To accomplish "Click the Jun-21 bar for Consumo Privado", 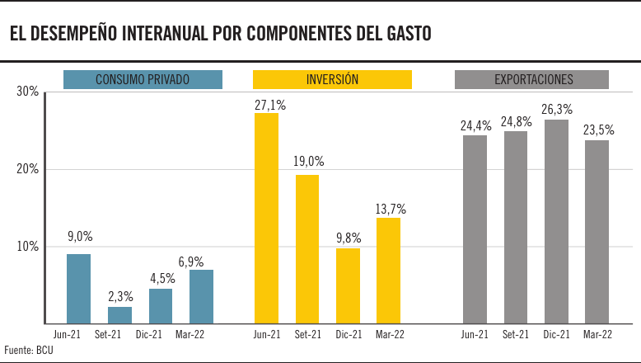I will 78,288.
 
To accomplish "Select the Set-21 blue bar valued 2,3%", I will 119,314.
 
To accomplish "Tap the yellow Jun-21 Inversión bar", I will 266,218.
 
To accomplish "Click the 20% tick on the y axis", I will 28,169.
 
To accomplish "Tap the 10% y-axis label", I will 28,247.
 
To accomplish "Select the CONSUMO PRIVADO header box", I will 143,79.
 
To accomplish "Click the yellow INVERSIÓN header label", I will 332,79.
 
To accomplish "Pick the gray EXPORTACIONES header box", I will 532,79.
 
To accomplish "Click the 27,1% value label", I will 270,105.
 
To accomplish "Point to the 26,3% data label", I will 557,109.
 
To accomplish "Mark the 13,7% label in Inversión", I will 391,210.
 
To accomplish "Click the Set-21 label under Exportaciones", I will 516,334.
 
